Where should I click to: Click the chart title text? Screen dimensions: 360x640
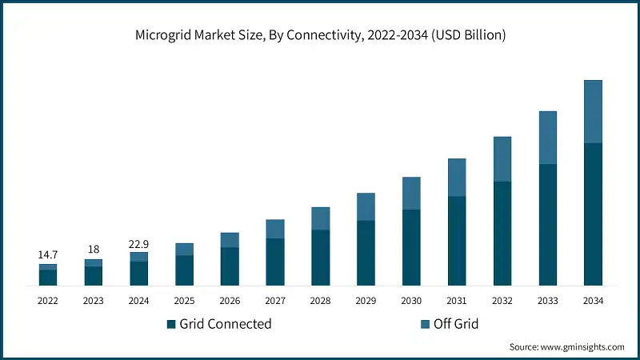pos(320,36)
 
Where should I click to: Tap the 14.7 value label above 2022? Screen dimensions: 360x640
pos(48,254)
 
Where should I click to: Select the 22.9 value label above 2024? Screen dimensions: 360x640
pos(139,242)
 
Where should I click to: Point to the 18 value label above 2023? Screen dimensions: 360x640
pos(94,249)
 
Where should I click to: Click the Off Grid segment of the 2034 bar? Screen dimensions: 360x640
pos(593,111)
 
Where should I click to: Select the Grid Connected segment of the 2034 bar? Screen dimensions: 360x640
pos(593,214)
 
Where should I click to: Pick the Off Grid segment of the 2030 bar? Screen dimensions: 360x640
pos(411,193)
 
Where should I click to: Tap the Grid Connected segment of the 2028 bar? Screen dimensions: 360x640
pos(320,257)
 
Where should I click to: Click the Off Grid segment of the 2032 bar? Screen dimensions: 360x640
pos(502,158)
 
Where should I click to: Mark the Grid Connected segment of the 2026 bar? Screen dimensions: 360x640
pos(230,266)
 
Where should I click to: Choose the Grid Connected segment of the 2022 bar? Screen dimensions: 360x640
pos(48,277)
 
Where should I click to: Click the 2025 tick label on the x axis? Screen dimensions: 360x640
pos(184,301)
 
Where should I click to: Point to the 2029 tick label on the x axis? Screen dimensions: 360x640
pos(366,301)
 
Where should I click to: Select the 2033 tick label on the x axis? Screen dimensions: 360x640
pos(547,301)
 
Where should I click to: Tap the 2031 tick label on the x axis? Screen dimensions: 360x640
pos(457,301)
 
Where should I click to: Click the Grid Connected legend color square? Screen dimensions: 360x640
pos(171,324)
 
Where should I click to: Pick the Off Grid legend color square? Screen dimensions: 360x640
pos(425,324)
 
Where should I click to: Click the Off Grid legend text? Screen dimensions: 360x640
pos(456,324)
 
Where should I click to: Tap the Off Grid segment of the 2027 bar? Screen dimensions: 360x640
pos(275,229)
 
